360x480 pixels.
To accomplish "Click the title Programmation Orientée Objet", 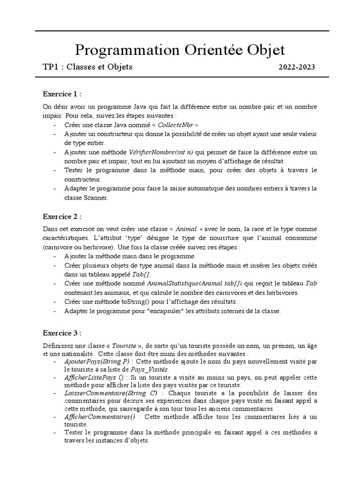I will (180, 49).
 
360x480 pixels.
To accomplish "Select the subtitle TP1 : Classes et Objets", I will (88, 67).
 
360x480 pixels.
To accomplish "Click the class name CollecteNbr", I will (174, 126).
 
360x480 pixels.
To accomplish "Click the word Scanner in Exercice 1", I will (95, 198).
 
